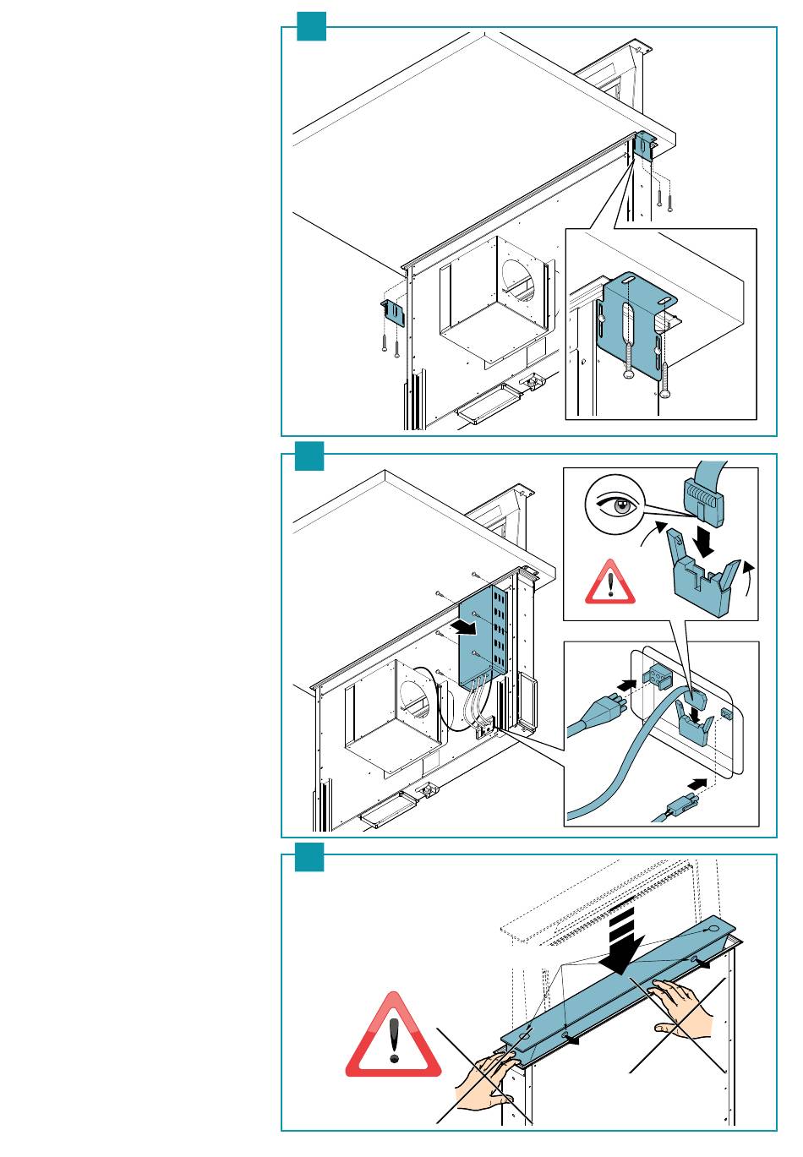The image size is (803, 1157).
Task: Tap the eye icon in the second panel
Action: click(616, 506)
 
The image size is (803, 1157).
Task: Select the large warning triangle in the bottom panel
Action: click(393, 1039)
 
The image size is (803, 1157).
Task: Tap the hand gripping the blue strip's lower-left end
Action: click(489, 1083)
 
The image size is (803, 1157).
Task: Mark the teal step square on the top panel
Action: click(310, 27)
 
